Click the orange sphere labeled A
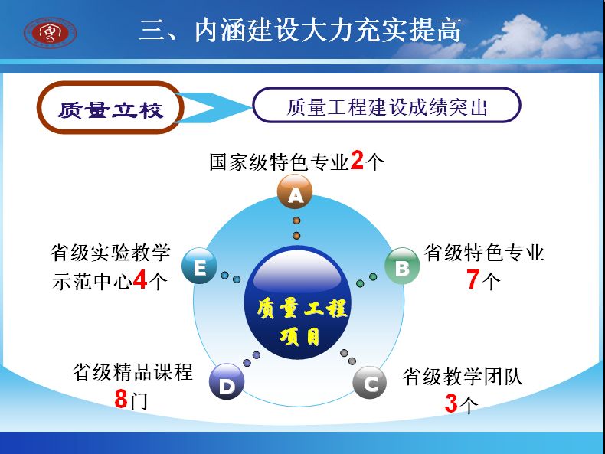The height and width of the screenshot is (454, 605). coord(295,191)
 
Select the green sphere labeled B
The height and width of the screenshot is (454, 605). coord(402,266)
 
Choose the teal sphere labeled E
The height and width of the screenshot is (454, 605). coord(199,266)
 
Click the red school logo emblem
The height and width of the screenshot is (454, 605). coord(50,33)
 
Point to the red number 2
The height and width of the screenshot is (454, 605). coord(358,161)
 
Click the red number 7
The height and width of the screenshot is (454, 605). coord(473,279)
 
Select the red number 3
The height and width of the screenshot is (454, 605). coord(451,403)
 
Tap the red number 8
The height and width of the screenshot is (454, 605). coord(121,398)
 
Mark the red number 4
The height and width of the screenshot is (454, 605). coord(140,279)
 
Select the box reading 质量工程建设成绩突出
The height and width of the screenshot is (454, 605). coord(387,106)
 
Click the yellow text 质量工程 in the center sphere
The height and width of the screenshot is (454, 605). coord(302,309)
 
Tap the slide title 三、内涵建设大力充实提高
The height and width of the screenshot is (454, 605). coord(300,30)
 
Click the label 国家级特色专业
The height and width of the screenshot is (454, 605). coord(280,162)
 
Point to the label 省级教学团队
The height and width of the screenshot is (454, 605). coord(463,377)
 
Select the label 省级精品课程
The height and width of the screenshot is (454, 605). coord(132,372)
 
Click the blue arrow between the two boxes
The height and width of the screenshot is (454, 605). coord(211,108)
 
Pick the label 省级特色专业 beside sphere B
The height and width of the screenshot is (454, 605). coord(484,253)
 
